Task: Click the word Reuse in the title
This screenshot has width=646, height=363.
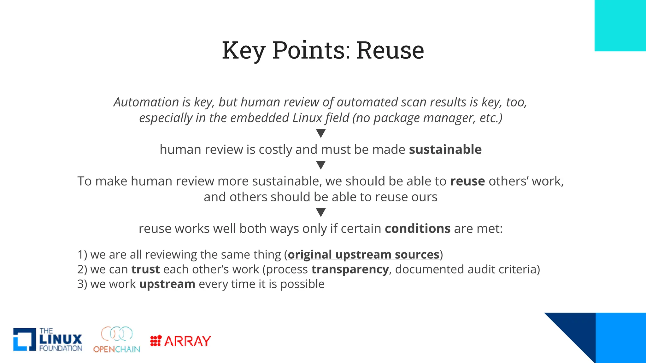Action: (390, 50)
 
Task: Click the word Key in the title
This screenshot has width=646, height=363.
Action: (243, 50)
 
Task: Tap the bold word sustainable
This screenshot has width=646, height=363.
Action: (445, 149)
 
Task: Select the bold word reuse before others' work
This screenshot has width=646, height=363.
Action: (467, 181)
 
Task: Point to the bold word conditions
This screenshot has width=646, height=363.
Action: (417, 228)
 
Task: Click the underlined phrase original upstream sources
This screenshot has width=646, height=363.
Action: (363, 255)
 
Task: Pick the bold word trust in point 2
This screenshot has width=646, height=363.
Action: (145, 269)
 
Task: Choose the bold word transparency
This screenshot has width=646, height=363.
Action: (350, 269)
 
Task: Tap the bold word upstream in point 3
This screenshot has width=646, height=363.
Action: (167, 284)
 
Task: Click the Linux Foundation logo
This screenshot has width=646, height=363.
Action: (48, 340)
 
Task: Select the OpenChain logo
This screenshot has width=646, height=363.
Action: (117, 340)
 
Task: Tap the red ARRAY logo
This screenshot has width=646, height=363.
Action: (180, 341)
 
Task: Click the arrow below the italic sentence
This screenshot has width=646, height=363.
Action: (321, 133)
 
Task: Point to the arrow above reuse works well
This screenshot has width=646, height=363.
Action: (321, 212)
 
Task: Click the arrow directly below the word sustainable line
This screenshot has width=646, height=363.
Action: (321, 165)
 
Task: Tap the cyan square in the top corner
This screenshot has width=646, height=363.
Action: (620, 26)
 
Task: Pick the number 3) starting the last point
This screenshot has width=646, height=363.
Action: (82, 284)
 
